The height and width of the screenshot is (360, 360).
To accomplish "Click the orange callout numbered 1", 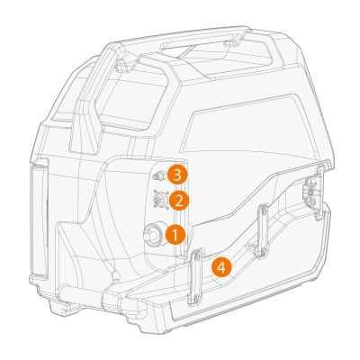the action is pyautogui.click(x=175, y=235).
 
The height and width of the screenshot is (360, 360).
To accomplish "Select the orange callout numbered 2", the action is pyautogui.click(x=179, y=201).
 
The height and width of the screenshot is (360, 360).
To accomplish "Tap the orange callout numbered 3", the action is pyautogui.click(x=177, y=175).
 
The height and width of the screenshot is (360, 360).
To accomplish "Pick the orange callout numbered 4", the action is pyautogui.click(x=221, y=267).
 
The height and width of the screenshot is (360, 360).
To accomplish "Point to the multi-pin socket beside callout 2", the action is pyautogui.click(x=159, y=199).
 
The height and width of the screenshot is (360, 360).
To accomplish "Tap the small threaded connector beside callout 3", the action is pyautogui.click(x=158, y=176).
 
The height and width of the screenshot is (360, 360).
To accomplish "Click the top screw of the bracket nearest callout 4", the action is pyautogui.click(x=196, y=256).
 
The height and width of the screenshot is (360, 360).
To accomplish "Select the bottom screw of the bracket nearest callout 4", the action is pyautogui.click(x=195, y=298).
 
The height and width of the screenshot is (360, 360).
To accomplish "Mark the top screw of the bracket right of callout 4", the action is pyautogui.click(x=264, y=211).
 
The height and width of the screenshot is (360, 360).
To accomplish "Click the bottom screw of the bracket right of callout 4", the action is pyautogui.click(x=262, y=250).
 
